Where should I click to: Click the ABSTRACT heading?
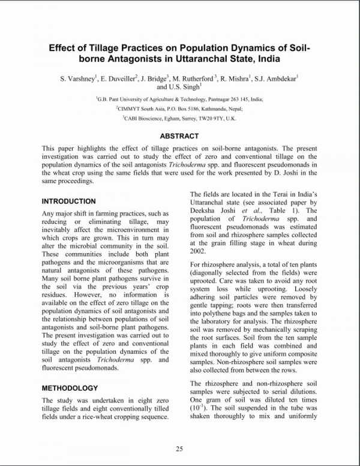[x=179, y=136]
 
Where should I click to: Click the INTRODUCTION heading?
[x=68, y=202]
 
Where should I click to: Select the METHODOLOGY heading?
[x=70, y=388]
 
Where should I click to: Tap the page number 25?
[x=179, y=449]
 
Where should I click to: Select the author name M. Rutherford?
[x=193, y=79]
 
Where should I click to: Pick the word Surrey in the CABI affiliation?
[x=188, y=119]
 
